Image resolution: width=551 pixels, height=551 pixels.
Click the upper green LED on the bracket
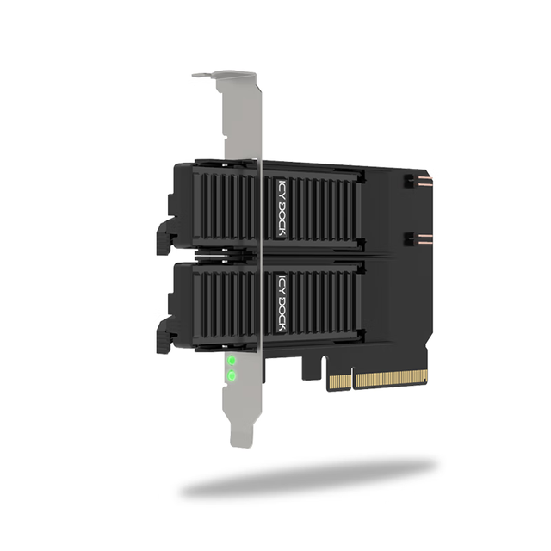point(232,360)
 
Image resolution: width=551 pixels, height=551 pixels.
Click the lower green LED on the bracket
point(232,376)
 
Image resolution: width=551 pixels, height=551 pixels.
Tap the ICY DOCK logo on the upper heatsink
point(282,208)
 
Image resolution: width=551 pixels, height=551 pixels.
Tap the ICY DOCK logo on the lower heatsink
point(282,303)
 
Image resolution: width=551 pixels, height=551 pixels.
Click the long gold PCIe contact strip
point(392,379)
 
